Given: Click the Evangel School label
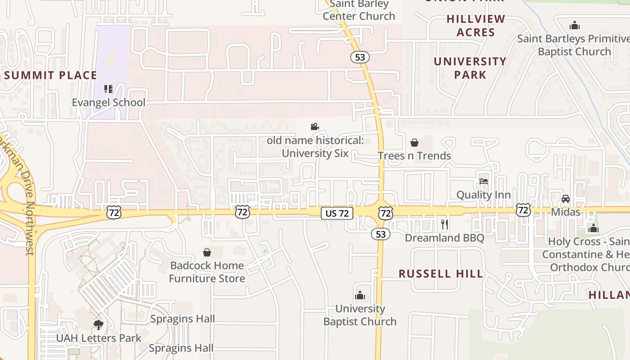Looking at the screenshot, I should click(108, 102).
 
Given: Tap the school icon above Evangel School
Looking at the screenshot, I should click(108, 89).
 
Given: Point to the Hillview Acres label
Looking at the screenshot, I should click(476, 26).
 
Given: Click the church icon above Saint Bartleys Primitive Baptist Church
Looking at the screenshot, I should click(574, 25).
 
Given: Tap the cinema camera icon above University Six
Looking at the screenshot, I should click(315, 127).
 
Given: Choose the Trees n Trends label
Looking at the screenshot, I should click(414, 156).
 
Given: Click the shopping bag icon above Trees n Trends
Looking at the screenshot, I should click(414, 143).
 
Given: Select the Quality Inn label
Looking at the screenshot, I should click(483, 195).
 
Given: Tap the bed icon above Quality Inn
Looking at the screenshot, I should click(483, 181).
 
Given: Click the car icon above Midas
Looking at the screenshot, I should click(565, 199).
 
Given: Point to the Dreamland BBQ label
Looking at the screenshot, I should click(445, 238).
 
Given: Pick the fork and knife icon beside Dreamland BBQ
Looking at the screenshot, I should click(445, 225).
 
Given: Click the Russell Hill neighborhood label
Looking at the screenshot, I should click(441, 274).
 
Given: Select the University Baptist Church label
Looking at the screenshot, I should click(360, 315).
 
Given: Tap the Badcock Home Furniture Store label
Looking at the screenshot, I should click(207, 272).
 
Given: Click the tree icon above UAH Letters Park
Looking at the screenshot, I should click(98, 324).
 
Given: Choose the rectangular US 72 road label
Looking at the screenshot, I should click(337, 213).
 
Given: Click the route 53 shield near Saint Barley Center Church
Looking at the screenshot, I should click(360, 57).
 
